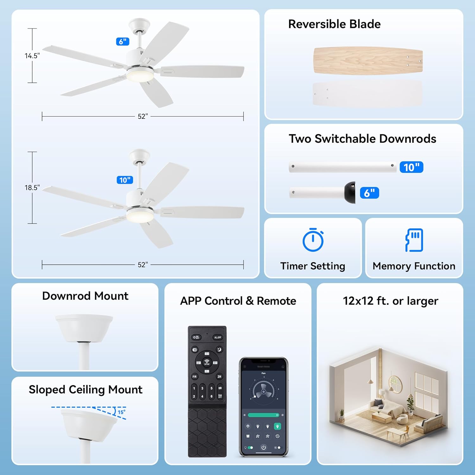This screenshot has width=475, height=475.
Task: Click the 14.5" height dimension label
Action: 32,56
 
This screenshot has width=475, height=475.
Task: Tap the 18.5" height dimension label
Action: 32,187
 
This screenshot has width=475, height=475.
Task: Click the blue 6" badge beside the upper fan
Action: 123,41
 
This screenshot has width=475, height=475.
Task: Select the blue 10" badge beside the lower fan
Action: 125,180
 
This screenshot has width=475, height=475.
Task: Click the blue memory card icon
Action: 414,240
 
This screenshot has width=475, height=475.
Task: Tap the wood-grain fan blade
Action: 368,60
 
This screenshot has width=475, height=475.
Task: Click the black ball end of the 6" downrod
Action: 350,192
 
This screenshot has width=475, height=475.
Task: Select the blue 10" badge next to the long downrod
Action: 411,167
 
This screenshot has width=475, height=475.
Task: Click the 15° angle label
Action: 122,412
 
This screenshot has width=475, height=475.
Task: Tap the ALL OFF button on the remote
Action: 218,337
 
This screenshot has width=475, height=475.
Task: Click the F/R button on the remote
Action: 194,377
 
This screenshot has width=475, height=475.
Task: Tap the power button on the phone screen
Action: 263,447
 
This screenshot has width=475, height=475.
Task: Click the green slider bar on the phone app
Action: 263,415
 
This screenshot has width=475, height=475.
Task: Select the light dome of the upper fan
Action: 140,76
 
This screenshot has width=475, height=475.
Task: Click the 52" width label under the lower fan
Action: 143,265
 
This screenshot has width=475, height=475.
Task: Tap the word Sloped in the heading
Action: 47,389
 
